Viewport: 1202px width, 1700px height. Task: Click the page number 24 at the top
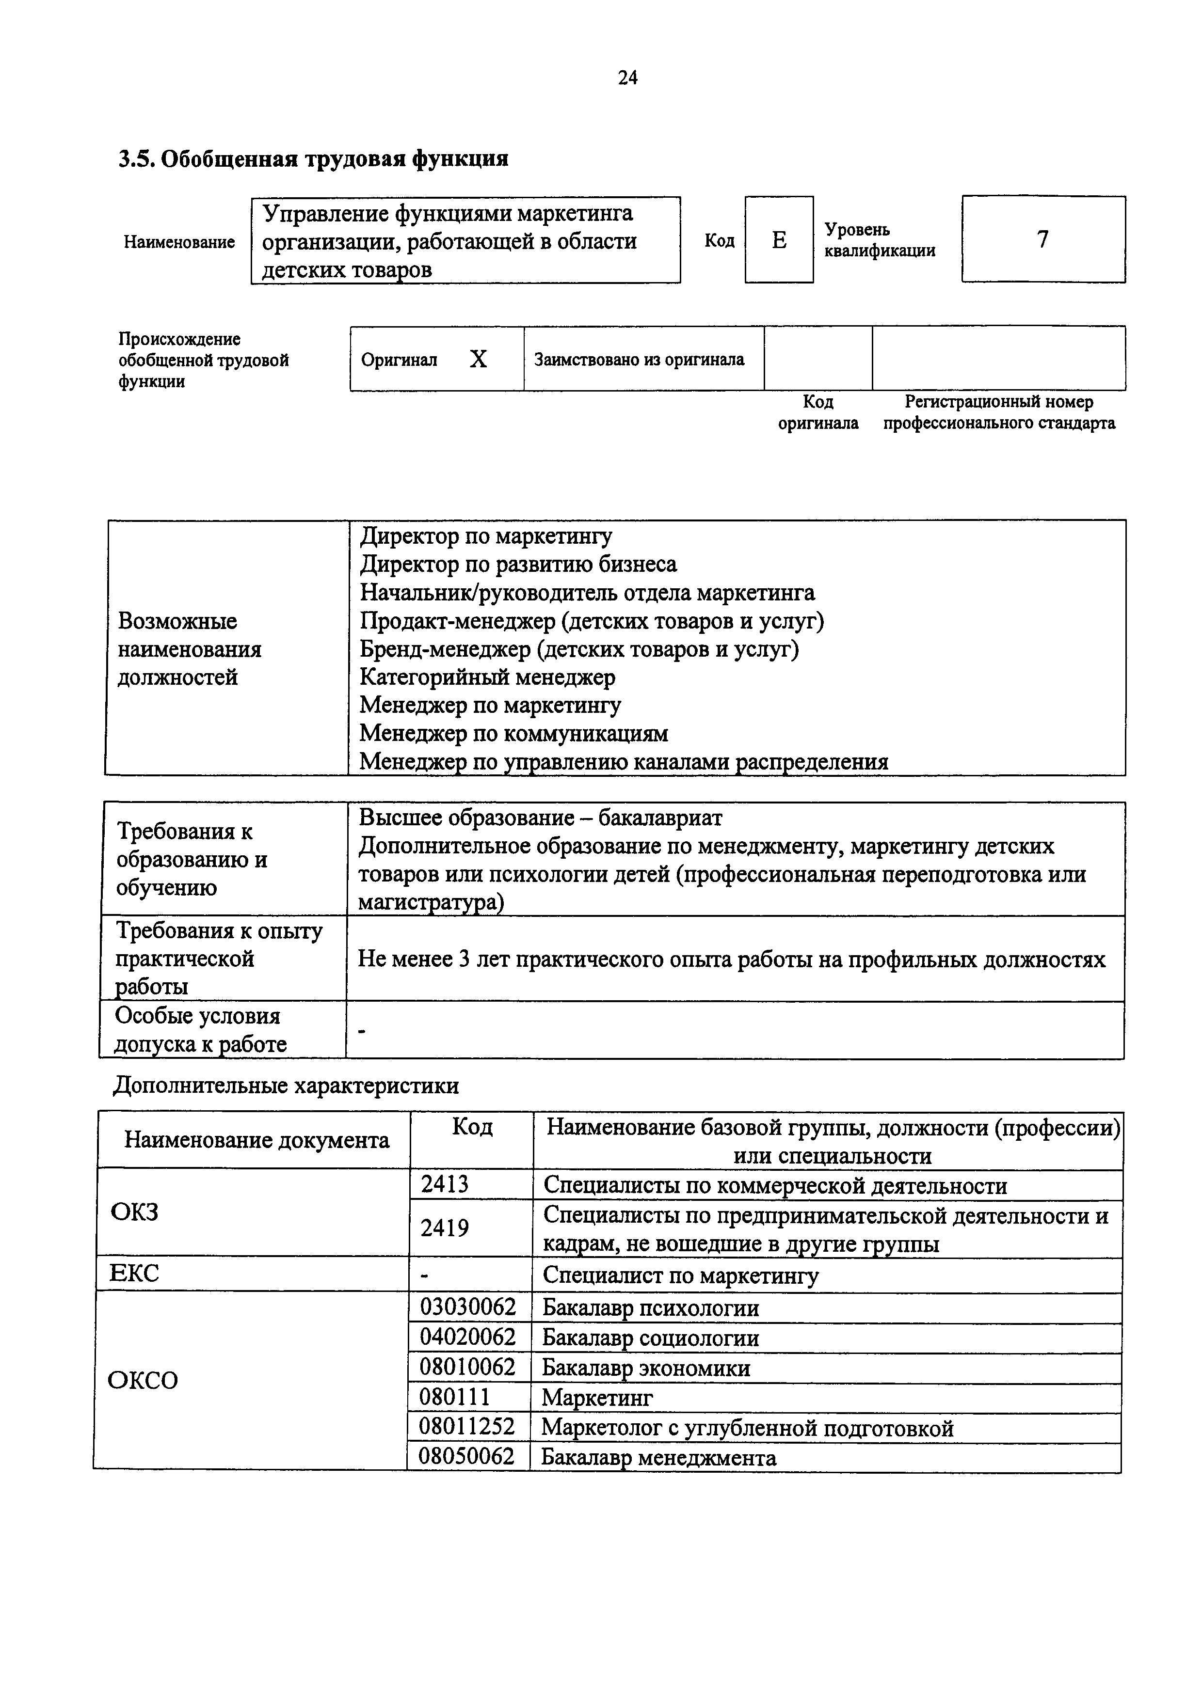pyautogui.click(x=627, y=78)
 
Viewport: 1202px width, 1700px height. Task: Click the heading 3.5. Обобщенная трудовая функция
pyautogui.click(x=313, y=158)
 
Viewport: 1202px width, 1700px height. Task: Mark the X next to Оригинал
pyautogui.click(x=479, y=360)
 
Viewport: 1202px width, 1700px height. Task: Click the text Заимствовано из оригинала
pyautogui.click(x=639, y=360)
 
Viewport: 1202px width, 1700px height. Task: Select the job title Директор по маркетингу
pyautogui.click(x=486, y=536)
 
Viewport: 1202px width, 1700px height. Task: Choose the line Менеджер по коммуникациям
pyautogui.click(x=513, y=733)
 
